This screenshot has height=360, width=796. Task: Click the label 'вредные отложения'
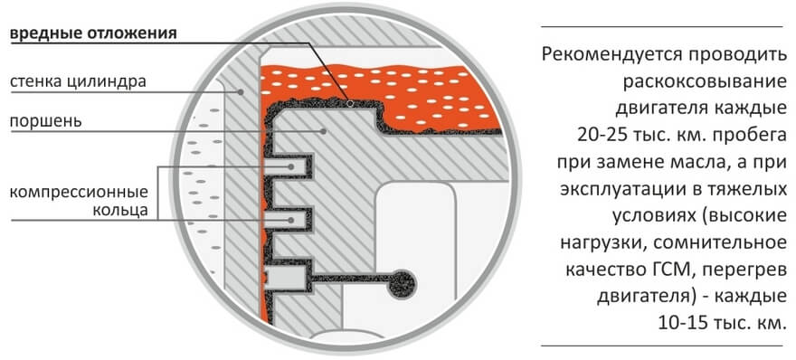click(92, 36)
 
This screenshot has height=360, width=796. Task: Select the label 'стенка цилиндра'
click(77, 84)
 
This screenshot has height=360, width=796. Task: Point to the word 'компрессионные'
click(81, 193)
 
